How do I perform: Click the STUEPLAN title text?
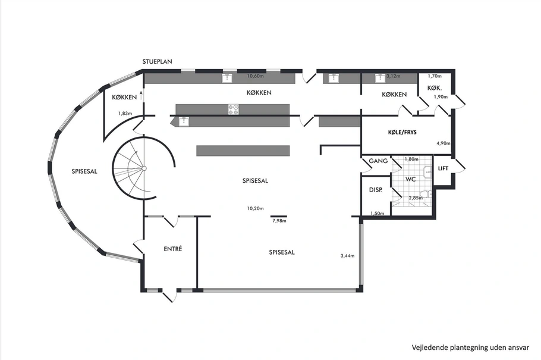click(x=158, y=61)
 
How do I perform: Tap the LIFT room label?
click(x=443, y=168)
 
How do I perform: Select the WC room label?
click(x=410, y=179)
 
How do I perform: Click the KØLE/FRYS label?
click(x=402, y=132)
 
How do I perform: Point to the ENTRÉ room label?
click(x=173, y=248)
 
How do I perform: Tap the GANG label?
click(x=378, y=161)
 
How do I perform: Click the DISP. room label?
click(x=375, y=190)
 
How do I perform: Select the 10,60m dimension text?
click(x=255, y=76)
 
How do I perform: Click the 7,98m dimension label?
click(x=279, y=221)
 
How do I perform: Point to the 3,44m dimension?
click(x=347, y=256)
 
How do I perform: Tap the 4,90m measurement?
click(x=444, y=143)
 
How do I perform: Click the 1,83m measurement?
click(x=125, y=113)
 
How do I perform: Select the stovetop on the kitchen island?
click(x=233, y=109)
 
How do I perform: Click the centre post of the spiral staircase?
click(x=144, y=168)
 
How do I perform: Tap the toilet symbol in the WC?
click(x=426, y=195)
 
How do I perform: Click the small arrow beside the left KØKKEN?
click(x=141, y=96)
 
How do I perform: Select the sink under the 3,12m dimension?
click(x=380, y=79)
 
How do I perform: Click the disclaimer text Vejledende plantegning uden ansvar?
click(x=470, y=348)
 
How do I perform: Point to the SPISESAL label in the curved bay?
click(x=84, y=171)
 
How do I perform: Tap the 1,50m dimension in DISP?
click(x=377, y=213)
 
